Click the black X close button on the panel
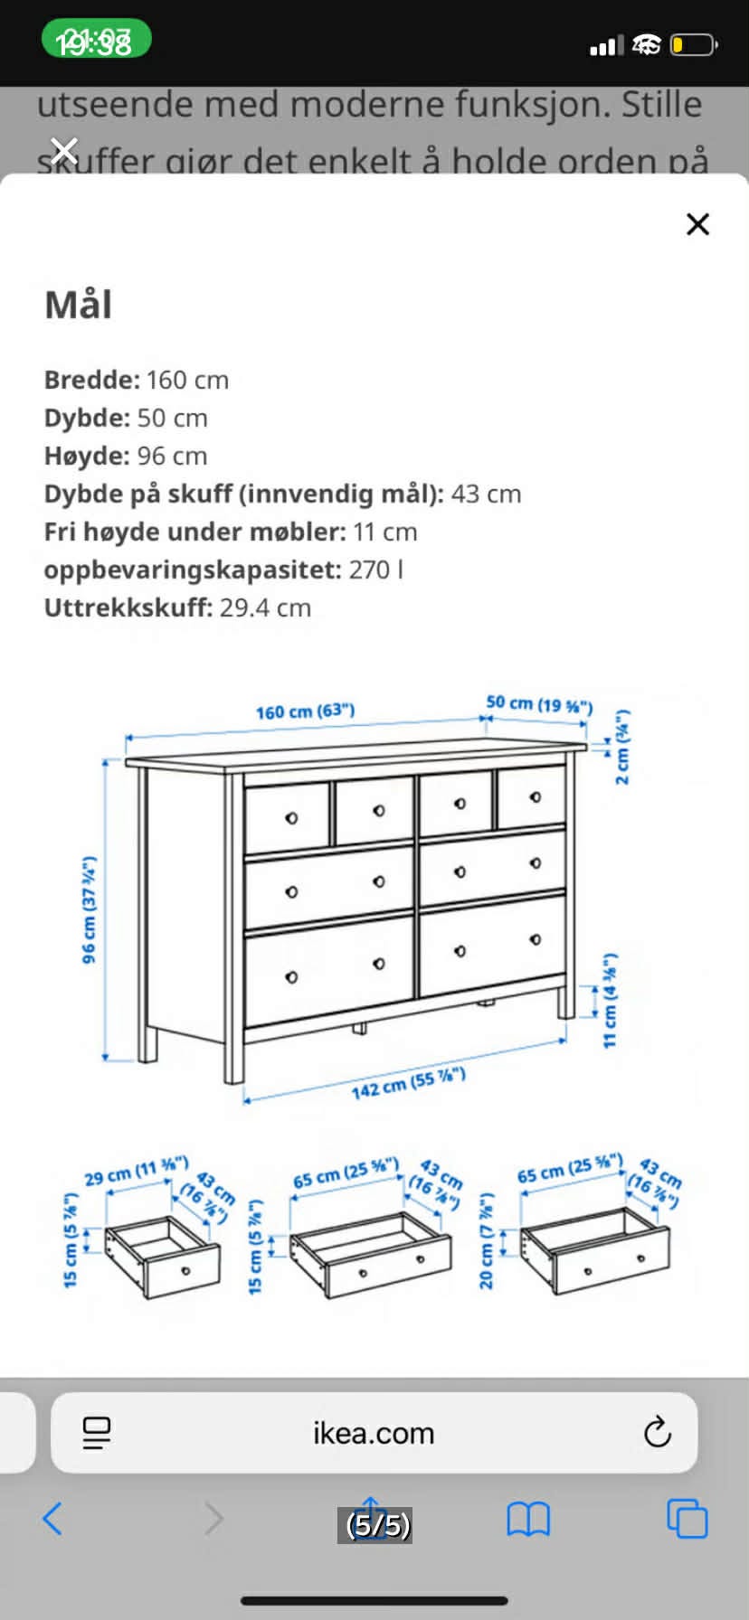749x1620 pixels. coord(697,224)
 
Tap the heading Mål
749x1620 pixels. coord(79,305)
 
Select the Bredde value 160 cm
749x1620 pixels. coord(187,380)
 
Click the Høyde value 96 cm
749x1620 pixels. coord(172,456)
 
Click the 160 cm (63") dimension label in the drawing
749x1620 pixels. coord(305,711)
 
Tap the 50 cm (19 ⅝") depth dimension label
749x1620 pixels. coord(539,704)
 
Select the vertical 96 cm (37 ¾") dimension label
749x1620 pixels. coord(90,909)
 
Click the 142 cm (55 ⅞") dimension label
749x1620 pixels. coord(408,1083)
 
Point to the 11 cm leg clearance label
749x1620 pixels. coord(611,1000)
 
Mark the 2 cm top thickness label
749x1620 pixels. coord(622,747)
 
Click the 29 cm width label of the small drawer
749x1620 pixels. coord(136,1172)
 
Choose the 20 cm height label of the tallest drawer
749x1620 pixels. coord(487,1240)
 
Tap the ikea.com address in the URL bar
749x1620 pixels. coord(374,1433)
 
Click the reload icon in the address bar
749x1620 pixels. coord(657,1432)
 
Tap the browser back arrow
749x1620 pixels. coord(52,1519)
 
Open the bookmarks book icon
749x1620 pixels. coord(528,1520)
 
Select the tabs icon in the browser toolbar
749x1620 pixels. coord(687,1519)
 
